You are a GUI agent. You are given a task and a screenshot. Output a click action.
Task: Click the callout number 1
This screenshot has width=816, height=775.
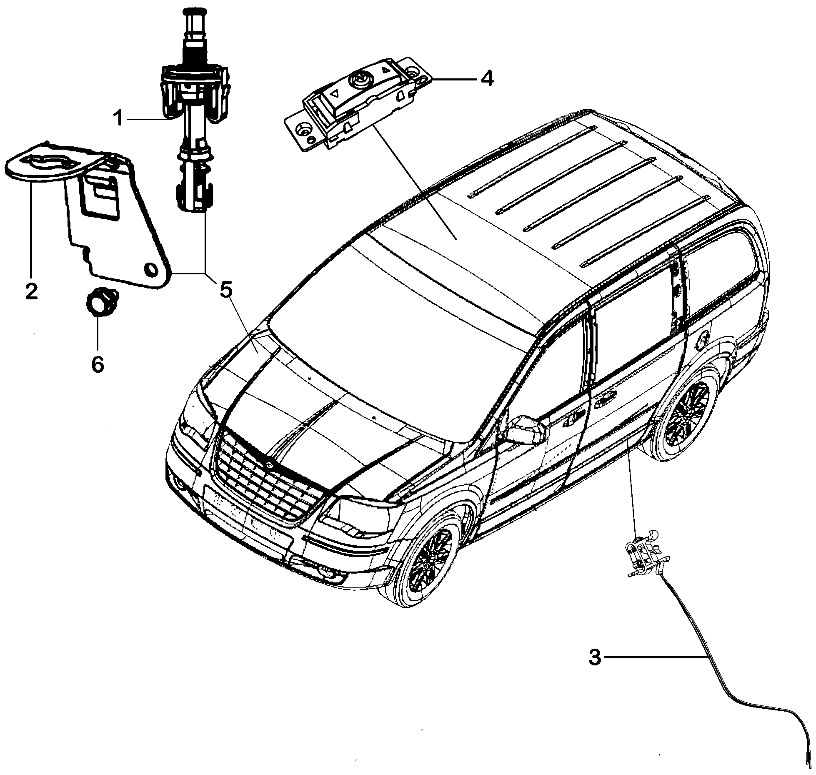point(119,119)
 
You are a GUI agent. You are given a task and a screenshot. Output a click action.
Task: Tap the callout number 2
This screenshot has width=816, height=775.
point(31,291)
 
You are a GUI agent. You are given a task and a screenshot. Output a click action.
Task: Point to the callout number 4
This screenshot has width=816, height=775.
point(486,78)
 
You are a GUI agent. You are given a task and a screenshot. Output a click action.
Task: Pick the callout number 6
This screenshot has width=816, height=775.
point(98,364)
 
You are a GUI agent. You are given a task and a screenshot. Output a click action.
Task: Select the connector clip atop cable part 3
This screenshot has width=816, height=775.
point(644,555)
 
